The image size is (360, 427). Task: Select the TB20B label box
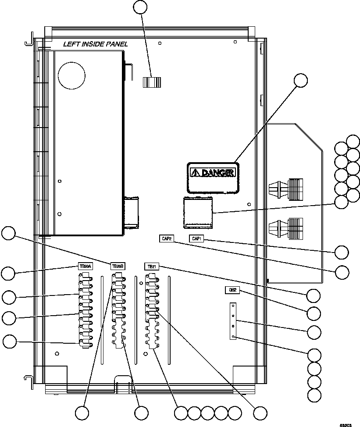(117, 266)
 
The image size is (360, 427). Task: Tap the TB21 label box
(151, 266)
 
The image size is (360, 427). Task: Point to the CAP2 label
(167, 238)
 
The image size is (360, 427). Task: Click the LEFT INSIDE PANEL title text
(96, 44)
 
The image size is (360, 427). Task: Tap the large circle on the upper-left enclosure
(71, 75)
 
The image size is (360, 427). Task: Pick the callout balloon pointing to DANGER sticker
(301, 82)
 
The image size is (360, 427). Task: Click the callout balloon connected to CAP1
(342, 252)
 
